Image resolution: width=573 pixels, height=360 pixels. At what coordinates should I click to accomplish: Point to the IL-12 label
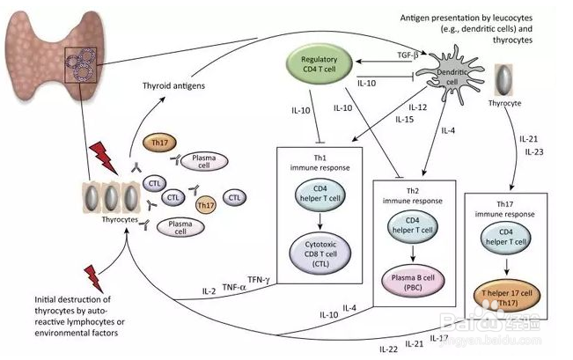(406, 107)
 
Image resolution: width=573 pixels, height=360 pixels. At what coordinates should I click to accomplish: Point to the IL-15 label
(405, 119)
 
